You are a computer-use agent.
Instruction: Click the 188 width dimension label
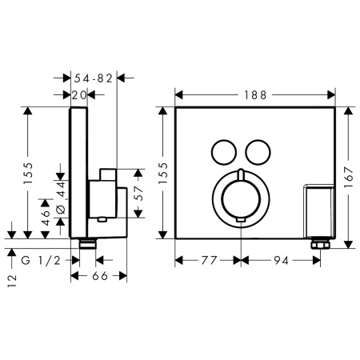click(x=255, y=95)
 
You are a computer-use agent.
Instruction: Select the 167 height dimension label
click(x=348, y=177)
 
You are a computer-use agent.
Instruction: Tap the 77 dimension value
click(x=209, y=260)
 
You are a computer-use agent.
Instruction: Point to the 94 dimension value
click(x=281, y=260)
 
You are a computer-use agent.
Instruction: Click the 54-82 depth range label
click(x=94, y=78)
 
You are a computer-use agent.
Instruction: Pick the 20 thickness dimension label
click(x=79, y=95)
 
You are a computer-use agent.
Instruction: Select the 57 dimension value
click(x=139, y=194)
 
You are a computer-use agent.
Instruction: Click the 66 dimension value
click(x=100, y=276)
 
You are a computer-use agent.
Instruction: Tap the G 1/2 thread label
click(x=41, y=260)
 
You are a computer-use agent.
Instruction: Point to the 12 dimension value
click(x=12, y=281)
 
